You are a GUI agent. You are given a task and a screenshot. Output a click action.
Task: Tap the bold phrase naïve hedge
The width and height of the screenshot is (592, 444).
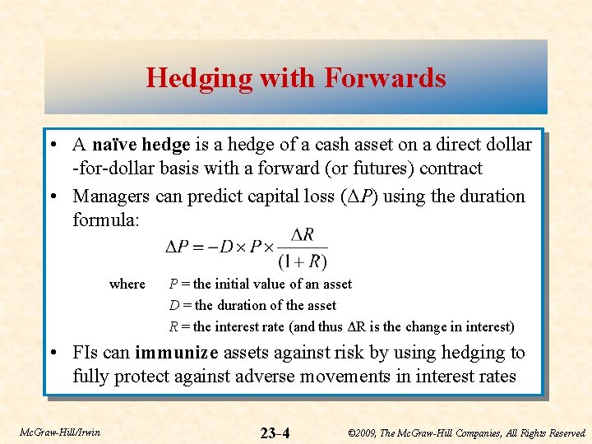[x=141, y=146]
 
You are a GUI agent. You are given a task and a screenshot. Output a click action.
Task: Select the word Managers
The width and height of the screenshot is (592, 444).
[x=110, y=197]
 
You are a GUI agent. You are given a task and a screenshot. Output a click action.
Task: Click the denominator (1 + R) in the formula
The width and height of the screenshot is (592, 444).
[x=303, y=262]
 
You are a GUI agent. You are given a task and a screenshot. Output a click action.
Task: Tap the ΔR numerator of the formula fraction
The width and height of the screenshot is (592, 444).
[x=303, y=234]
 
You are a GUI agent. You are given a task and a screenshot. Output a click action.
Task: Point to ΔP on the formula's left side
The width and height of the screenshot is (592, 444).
[x=178, y=247]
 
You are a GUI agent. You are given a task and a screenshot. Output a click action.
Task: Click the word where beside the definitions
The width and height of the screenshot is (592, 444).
[x=127, y=284]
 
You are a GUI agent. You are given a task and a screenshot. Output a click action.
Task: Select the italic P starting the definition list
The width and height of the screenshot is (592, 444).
[x=173, y=284]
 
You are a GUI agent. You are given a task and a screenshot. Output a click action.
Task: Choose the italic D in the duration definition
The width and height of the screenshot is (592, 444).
[x=174, y=305]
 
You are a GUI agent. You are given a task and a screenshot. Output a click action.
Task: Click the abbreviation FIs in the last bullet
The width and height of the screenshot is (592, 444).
[x=86, y=353]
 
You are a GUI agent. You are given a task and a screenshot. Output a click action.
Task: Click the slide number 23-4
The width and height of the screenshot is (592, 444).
[x=275, y=432]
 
